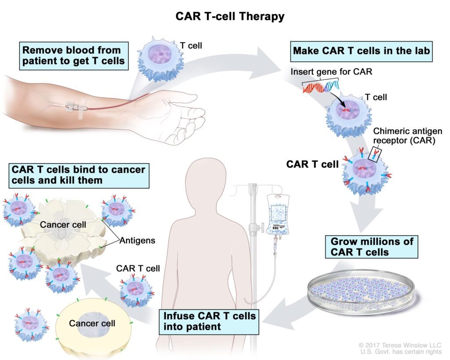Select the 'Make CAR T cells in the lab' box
(361, 51)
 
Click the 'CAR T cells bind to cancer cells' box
(79, 175)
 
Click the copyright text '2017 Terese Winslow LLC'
(399, 345)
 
